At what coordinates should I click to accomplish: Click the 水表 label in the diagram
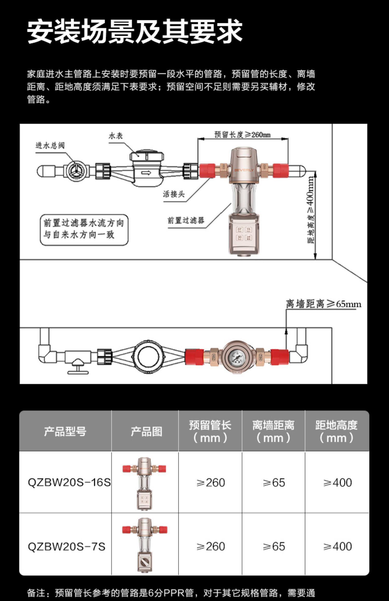tap(116, 136)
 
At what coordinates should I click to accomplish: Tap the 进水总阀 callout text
tap(50, 145)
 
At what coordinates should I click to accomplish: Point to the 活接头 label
tap(174, 194)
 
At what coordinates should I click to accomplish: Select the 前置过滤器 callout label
tap(186, 221)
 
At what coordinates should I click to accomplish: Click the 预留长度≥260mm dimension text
tap(242, 135)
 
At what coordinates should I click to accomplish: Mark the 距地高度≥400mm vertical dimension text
tap(311, 210)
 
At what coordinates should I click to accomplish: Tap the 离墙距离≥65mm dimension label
tap(323, 304)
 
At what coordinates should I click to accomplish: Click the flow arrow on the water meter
tap(146, 173)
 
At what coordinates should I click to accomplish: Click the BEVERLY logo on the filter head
tap(244, 170)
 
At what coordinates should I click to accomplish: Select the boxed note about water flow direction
tap(84, 229)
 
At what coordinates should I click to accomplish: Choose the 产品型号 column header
tap(65, 431)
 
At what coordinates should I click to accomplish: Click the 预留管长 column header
tap(210, 431)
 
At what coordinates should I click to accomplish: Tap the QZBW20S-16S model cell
tap(69, 482)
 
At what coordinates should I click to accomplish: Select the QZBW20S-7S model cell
tap(66, 546)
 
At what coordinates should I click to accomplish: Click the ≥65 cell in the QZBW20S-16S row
tap(274, 483)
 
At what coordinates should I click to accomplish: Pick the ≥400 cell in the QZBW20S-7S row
tap(337, 546)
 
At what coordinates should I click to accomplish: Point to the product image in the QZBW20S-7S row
tap(145, 545)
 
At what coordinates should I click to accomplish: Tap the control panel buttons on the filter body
tap(244, 234)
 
